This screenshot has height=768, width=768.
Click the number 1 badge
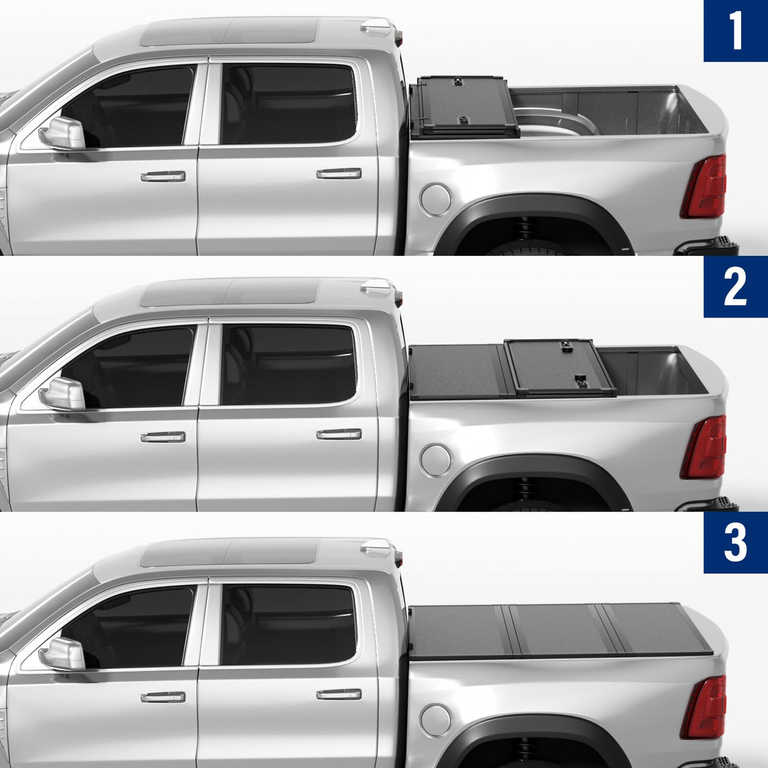coord(736,31)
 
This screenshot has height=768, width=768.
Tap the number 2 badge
coord(736,287)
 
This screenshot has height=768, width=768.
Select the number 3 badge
coord(736,543)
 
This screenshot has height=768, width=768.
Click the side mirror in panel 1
coord(63,133)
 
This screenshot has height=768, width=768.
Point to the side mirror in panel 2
coord(63,394)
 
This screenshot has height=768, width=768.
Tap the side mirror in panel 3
coord(63,654)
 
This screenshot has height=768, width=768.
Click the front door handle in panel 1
coord(163,176)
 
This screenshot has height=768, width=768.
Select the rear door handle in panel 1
coord(339,173)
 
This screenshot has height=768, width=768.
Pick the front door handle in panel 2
coord(163,437)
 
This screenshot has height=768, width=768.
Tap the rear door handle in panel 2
coord(339,434)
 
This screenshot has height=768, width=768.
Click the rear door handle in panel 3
coord(339,694)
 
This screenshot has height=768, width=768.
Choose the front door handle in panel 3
coord(163,697)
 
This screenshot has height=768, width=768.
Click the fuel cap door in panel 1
coord(436,200)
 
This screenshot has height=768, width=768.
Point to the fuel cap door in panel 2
coord(436,460)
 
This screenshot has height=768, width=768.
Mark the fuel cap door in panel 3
coord(436,721)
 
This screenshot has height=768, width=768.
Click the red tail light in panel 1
coord(704,186)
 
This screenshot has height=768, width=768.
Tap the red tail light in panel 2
coord(704,447)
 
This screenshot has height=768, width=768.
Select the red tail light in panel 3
coord(704,707)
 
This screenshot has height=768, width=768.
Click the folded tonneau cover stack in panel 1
coord(465,108)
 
